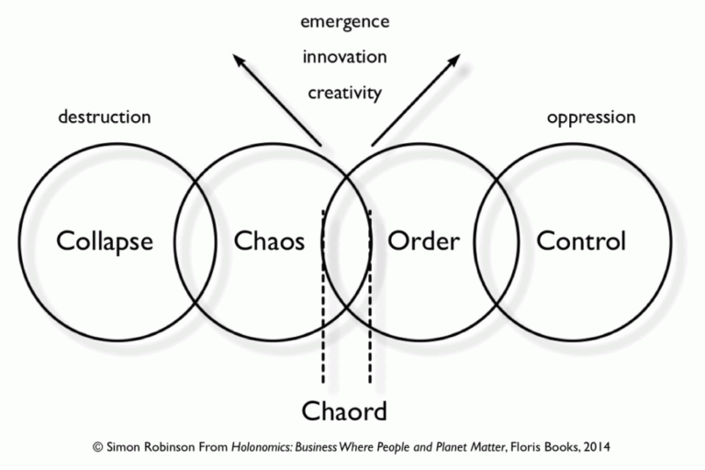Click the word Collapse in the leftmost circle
tap(105, 242)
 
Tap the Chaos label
tap(269, 241)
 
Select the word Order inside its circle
tap(423, 241)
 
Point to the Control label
tap(581, 241)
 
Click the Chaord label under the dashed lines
tap(344, 411)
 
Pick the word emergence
tap(345, 22)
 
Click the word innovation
tap(345, 57)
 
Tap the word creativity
tap(345, 94)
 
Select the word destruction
tap(105, 117)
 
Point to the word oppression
tap(591, 117)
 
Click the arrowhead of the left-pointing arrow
tap(239, 60)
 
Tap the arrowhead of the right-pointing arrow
tap(454, 61)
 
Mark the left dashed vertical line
tap(323, 296)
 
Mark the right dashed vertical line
tap(370, 296)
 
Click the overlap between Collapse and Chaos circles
tap(196, 241)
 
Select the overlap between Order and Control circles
tap(497, 241)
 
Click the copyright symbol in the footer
tap(97, 447)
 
